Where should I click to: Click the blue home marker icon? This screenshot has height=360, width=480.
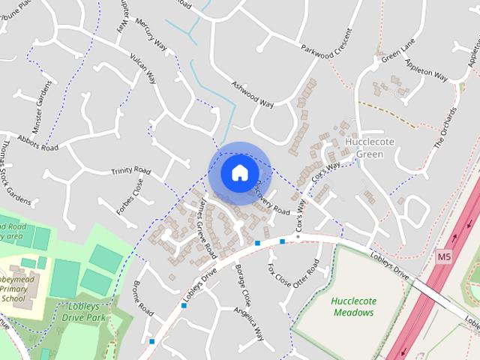pos(238,172)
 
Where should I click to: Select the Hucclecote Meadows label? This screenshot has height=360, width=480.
pos(354,306)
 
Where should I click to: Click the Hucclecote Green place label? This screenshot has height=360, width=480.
pos(364,148)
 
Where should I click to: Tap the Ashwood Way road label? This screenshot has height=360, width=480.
pos(252,94)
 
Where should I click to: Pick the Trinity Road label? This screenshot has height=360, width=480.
pos(131,171)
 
